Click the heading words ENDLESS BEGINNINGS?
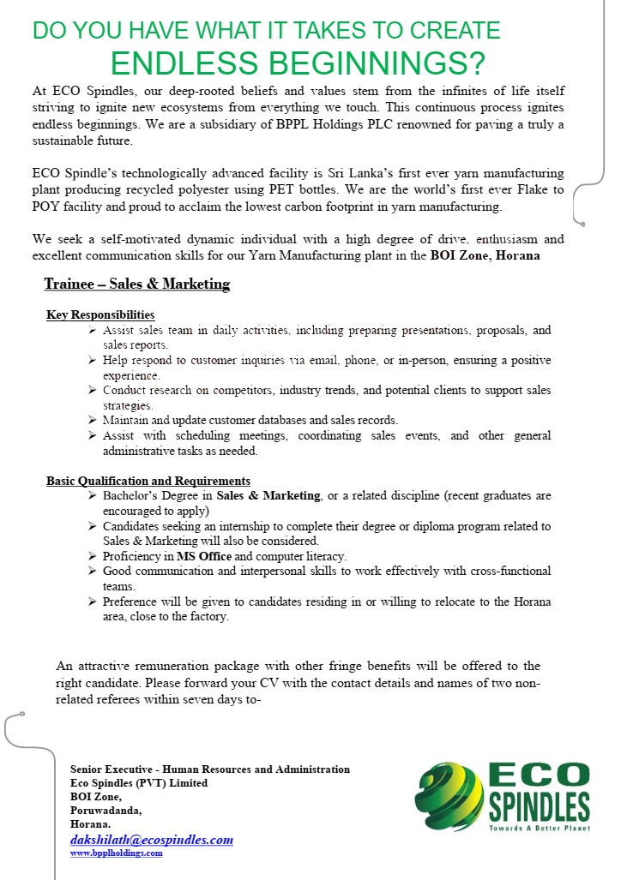298,64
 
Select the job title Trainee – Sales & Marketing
137,284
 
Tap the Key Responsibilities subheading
100,315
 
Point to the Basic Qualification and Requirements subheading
148,481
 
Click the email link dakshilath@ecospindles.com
152,840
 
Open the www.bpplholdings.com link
116,853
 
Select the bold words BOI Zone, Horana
485,255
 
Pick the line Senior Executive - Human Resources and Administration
210,769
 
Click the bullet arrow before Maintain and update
93,420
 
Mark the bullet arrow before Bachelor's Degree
93,496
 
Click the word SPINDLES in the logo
539,806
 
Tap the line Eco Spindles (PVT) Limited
139,783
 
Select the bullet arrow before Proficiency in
93,556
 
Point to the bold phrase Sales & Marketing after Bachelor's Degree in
268,496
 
